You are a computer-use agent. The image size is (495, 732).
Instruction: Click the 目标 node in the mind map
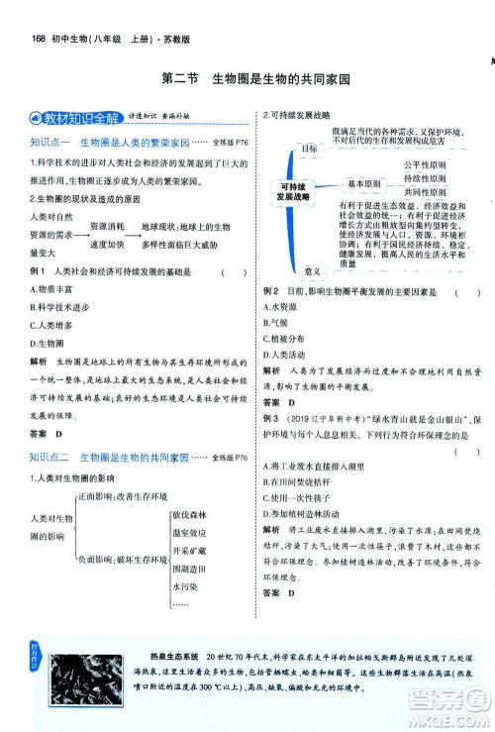click(310, 149)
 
